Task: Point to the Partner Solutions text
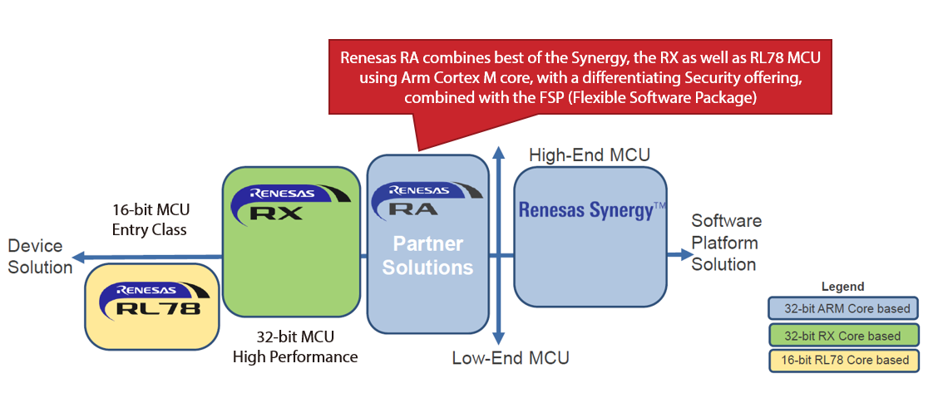click(x=428, y=256)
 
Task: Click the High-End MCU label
click(x=590, y=155)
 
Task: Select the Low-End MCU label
click(x=511, y=358)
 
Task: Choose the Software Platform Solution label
click(x=726, y=243)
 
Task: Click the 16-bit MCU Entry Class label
click(x=150, y=219)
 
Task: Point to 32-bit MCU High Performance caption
click(x=295, y=347)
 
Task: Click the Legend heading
click(x=842, y=287)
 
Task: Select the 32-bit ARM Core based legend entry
click(x=842, y=309)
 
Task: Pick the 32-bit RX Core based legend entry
click(x=842, y=336)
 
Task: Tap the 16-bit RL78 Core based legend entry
click(x=842, y=360)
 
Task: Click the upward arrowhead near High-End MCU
click(x=498, y=154)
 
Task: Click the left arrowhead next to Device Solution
click(x=78, y=258)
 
